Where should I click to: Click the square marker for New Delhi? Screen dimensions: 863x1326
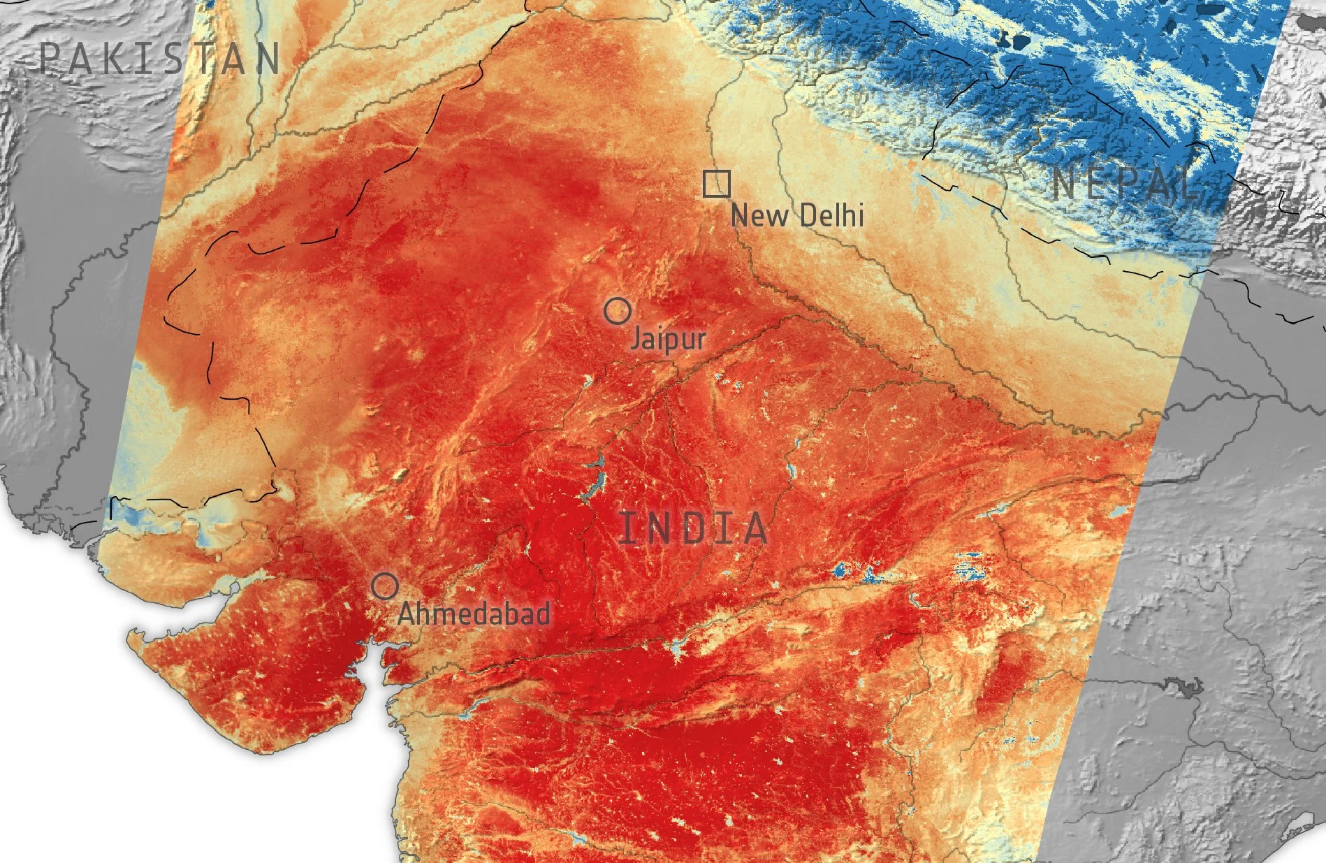click(717, 184)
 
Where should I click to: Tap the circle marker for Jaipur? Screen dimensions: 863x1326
click(617, 310)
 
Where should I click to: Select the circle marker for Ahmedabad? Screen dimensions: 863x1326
click(384, 586)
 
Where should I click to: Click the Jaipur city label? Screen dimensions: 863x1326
click(668, 340)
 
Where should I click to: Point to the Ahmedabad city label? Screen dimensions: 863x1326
click(474, 614)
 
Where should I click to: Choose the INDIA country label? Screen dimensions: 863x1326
click(694, 528)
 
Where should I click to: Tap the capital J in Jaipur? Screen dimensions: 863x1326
click(636, 340)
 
